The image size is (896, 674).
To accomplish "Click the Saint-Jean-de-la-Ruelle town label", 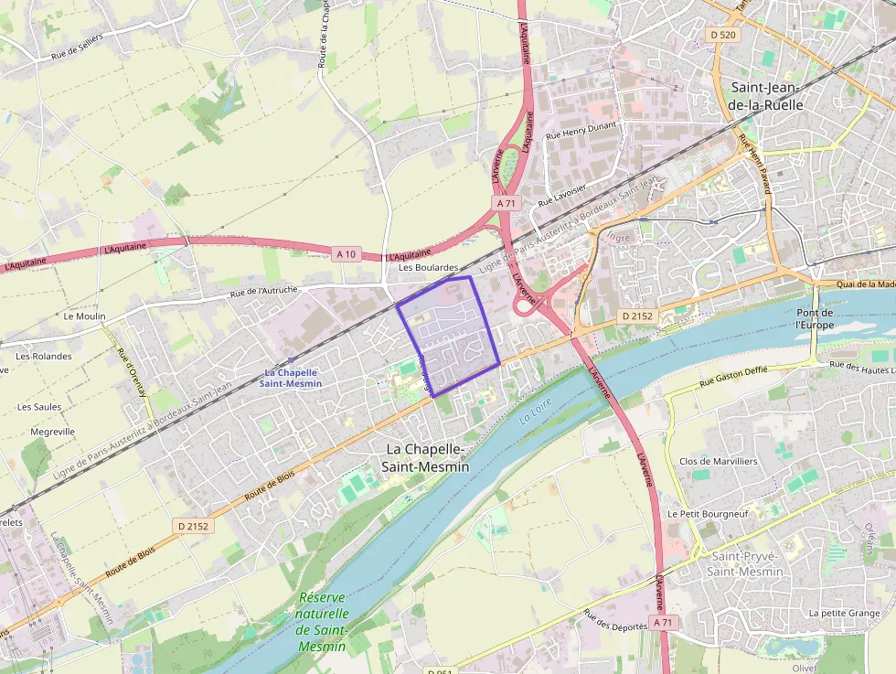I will point(766,96).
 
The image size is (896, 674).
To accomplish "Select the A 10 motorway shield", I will point(346,253).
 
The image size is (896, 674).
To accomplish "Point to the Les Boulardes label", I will point(428,267).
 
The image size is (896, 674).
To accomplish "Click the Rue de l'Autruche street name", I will point(264,293).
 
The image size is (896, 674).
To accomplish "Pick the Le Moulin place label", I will point(84,316).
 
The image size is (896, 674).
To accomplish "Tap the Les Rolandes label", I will point(44,357).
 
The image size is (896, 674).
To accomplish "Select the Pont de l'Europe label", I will point(815,318).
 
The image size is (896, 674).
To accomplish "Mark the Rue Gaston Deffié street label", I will point(734,377).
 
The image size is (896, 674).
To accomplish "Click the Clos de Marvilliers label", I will point(718,461).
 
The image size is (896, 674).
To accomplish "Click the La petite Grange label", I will point(844,613).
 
